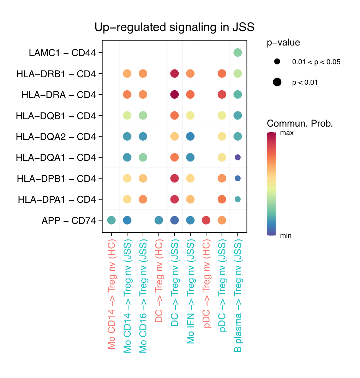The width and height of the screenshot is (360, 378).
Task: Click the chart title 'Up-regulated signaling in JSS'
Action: coord(174,27)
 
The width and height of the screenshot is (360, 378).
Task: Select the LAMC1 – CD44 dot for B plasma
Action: coord(238,53)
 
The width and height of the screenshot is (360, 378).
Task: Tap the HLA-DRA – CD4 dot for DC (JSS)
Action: coord(174,94)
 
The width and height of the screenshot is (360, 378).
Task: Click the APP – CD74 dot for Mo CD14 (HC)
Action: coord(111,220)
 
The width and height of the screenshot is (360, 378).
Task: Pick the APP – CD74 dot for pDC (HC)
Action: coord(206,220)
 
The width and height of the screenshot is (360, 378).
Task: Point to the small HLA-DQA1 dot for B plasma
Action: coord(238,157)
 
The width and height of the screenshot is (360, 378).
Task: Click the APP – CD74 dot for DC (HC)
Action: coord(159,220)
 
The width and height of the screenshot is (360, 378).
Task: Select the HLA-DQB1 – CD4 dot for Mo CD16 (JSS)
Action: coord(143,115)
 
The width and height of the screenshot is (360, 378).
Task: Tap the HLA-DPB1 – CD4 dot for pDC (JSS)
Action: coord(222,178)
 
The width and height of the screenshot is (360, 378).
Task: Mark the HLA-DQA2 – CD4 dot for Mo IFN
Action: coord(190,136)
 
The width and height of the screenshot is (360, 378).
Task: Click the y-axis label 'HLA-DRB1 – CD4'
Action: coord(56,74)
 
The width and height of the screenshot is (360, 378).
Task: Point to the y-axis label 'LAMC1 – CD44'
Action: coord(62,53)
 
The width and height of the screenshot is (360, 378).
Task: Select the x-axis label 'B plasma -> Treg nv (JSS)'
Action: coord(238,297)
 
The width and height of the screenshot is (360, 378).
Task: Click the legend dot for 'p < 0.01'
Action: coord(277,83)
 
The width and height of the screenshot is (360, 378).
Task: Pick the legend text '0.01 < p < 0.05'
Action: coord(316,62)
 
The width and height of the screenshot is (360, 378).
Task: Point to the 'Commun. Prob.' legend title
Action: coord(300,124)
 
